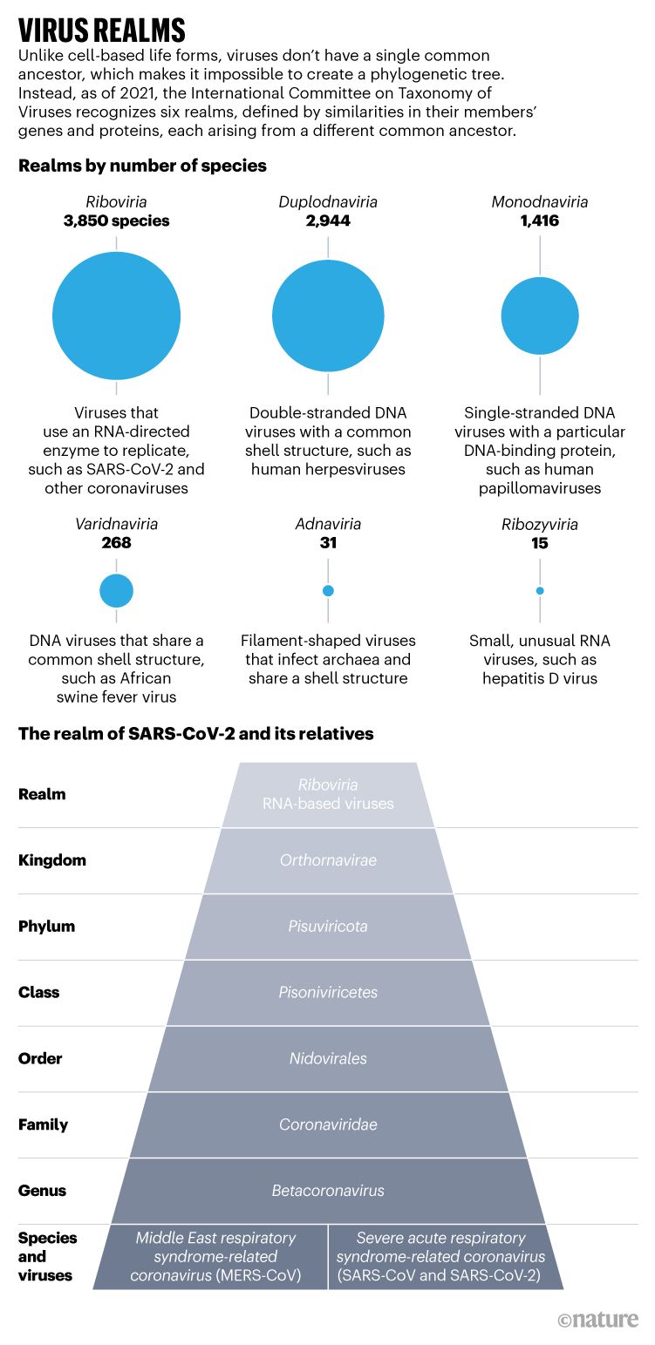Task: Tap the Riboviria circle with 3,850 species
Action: point(116,316)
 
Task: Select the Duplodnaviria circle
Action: point(328,316)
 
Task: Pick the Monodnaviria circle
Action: point(540,316)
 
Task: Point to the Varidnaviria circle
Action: point(116,591)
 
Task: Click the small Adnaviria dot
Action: point(328,591)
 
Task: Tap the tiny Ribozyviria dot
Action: point(540,591)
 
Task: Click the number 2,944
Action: point(328,221)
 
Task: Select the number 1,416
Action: point(540,221)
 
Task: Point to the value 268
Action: point(116,543)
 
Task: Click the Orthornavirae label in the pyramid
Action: point(328,860)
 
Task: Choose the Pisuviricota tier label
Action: point(328,927)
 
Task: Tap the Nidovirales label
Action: point(328,1059)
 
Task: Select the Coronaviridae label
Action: point(328,1124)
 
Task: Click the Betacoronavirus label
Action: point(328,1191)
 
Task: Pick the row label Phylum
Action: point(47,927)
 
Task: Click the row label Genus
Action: point(43,1191)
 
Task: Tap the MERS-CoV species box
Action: point(216,1257)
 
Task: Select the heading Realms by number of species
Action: point(143,166)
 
